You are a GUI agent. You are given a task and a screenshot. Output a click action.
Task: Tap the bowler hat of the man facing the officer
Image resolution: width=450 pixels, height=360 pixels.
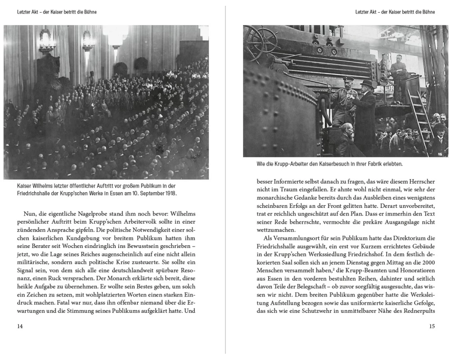(368, 84)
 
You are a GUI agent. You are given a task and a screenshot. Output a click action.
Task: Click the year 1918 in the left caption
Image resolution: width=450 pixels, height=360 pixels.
(169, 193)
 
